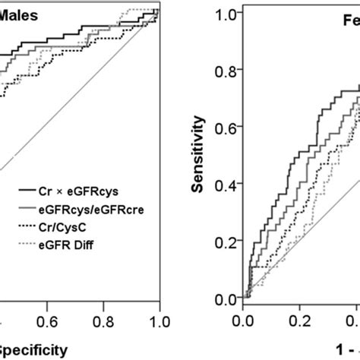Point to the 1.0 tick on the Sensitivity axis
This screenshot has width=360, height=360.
pyautogui.click(x=225, y=13)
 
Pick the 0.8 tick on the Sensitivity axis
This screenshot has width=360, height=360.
pyautogui.click(x=225, y=71)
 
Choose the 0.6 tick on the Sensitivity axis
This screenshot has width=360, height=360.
pyautogui.click(x=225, y=128)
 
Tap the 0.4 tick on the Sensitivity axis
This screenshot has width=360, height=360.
pyautogui.click(x=225, y=185)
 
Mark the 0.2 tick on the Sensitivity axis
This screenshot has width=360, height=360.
pyautogui.click(x=225, y=242)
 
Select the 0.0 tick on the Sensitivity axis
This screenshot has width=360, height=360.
pyautogui.click(x=225, y=299)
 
